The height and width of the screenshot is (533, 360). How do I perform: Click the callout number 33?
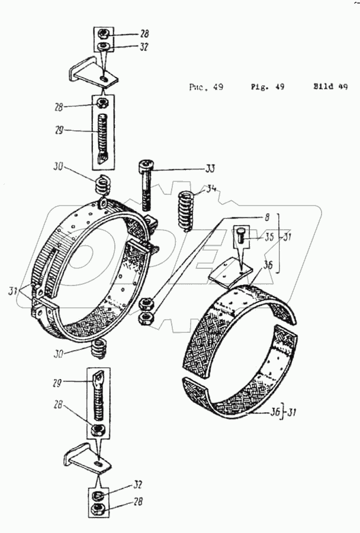210,168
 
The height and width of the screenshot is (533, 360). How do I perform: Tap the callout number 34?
210,190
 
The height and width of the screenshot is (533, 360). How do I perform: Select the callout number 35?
269,236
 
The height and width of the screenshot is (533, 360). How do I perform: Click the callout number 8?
267,217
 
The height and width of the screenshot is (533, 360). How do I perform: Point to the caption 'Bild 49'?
330,86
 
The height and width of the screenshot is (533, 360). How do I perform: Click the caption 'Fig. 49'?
268,86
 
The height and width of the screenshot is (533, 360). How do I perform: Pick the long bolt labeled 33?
146,185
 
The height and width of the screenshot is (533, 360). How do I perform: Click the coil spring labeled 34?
185,211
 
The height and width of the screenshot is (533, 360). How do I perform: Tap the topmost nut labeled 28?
102,34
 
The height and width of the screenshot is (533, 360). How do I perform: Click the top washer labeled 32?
102,46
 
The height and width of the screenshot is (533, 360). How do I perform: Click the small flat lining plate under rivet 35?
231,270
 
